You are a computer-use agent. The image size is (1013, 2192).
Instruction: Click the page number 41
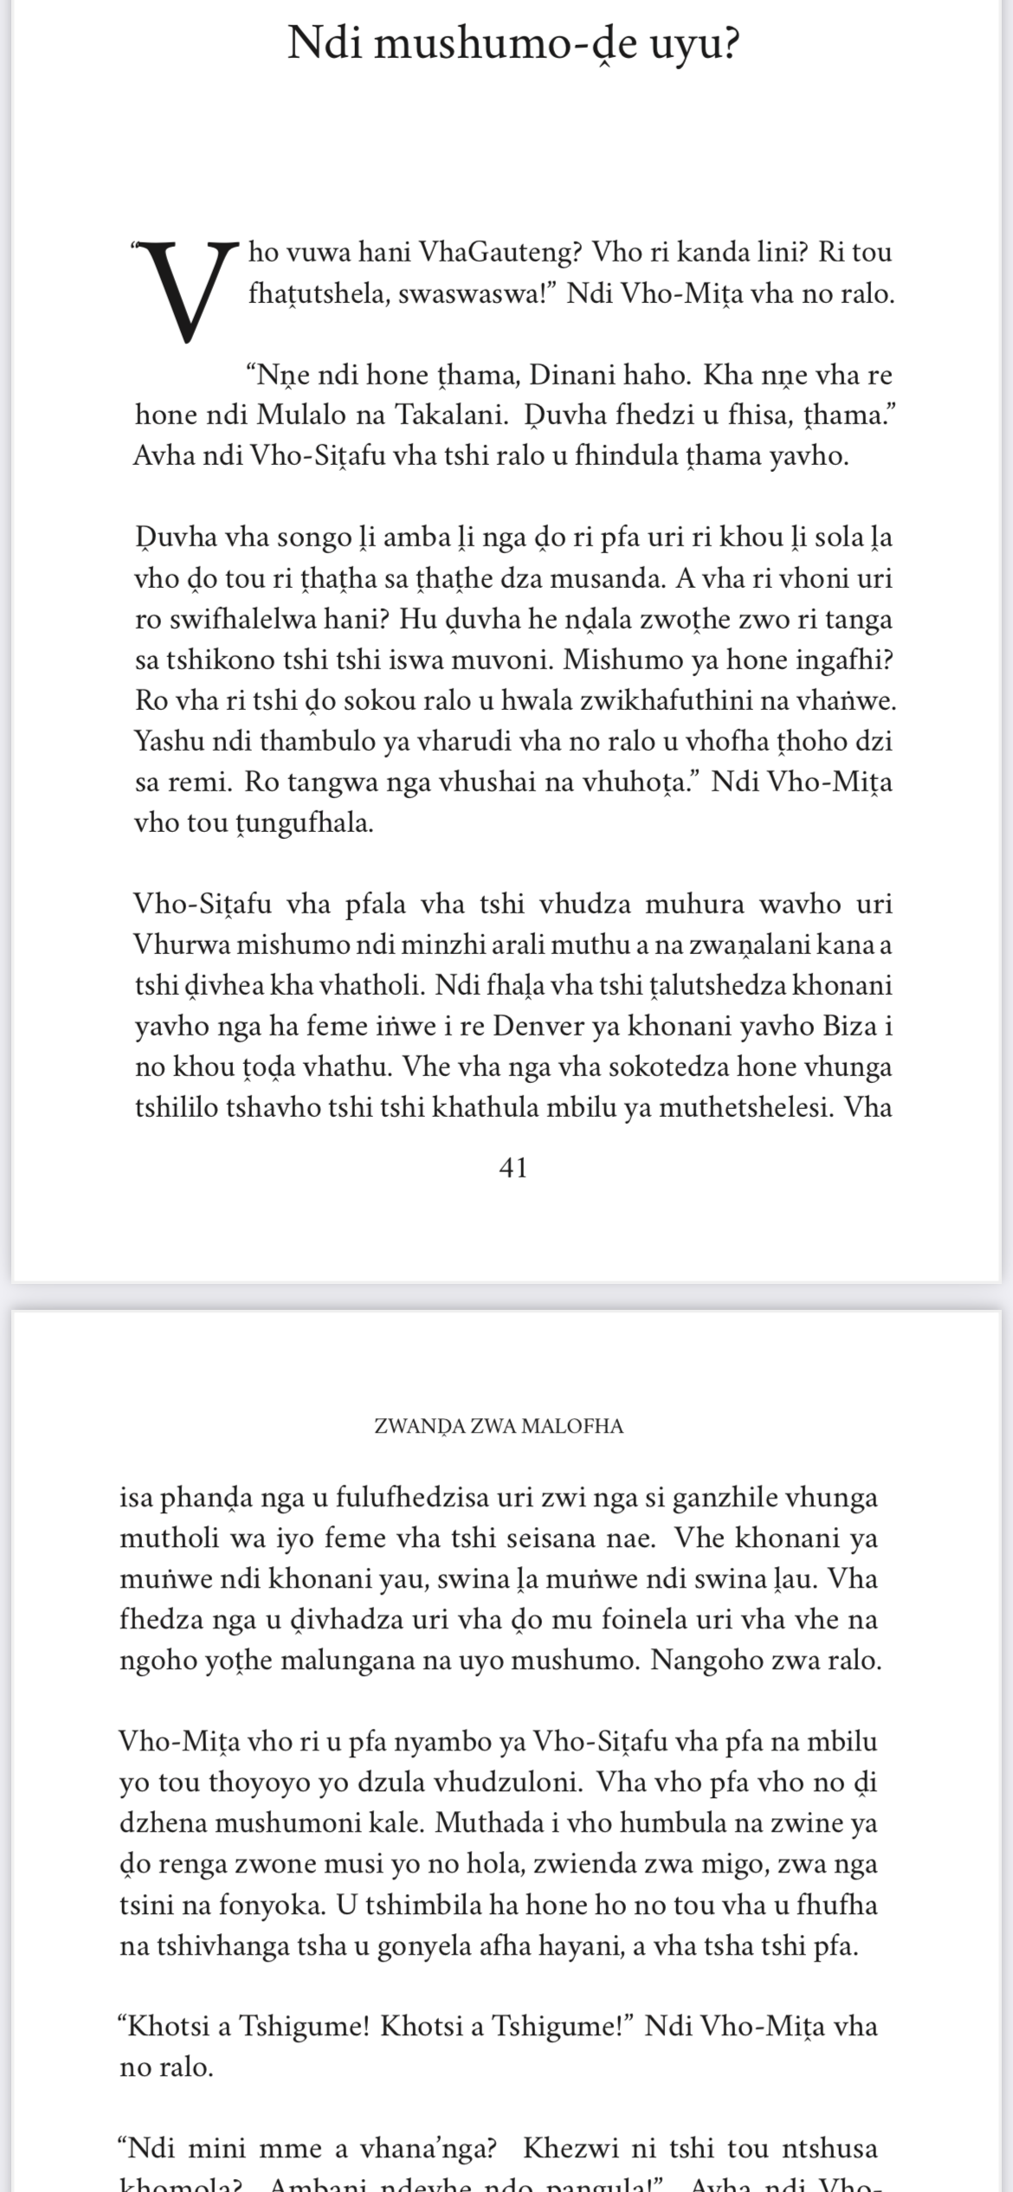[x=513, y=1169]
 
